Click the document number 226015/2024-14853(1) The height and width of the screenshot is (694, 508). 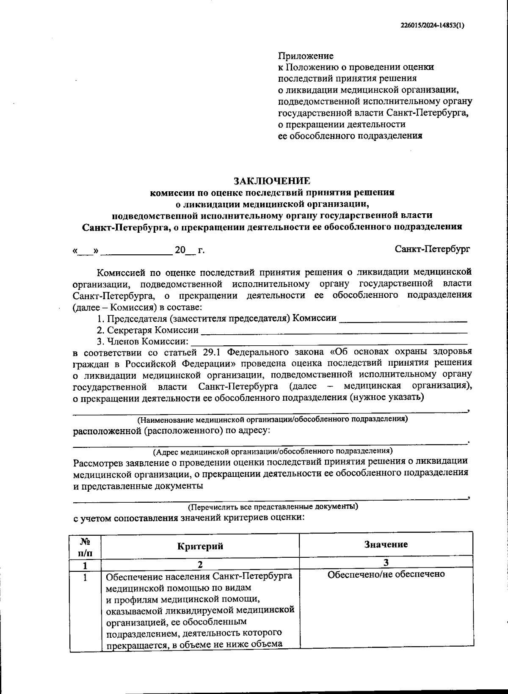tap(432, 25)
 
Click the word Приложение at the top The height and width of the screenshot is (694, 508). tap(305, 56)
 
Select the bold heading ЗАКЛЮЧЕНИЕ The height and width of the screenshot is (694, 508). tap(272, 181)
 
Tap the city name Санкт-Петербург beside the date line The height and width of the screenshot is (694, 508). tap(432, 249)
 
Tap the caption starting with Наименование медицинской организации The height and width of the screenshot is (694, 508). tap(272, 419)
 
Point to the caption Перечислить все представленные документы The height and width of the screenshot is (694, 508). tap(273, 506)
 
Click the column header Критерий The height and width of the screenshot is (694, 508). tap(200, 546)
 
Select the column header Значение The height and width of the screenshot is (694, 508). tap(386, 544)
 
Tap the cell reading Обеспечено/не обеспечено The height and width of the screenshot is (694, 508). tap(386, 574)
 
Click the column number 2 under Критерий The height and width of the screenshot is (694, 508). tap(200, 564)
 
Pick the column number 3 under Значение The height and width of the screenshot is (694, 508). tap(386, 562)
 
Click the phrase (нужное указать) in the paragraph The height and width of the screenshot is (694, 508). tap(387, 397)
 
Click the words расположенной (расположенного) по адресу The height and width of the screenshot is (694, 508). tap(172, 431)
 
